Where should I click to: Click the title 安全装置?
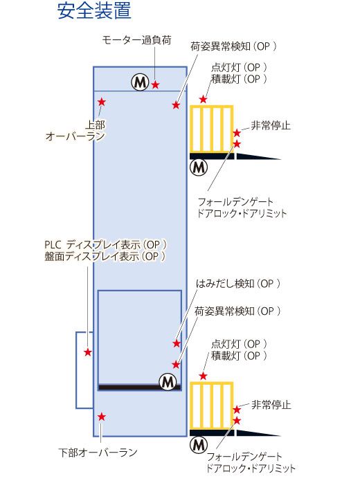click(x=94, y=10)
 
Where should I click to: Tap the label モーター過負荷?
click(x=136, y=40)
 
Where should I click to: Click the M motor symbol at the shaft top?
click(x=141, y=82)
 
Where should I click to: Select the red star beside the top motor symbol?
click(x=155, y=84)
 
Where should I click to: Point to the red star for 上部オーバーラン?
click(x=101, y=102)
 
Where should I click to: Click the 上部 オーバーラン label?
click(x=75, y=131)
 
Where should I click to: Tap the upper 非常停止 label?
click(x=271, y=125)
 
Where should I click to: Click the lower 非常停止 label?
click(x=271, y=404)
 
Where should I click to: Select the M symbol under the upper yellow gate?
click(x=199, y=167)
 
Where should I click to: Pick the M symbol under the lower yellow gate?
click(x=199, y=445)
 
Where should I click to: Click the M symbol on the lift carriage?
click(x=168, y=382)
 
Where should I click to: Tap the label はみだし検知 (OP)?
click(x=238, y=284)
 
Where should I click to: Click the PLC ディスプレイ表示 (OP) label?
click(x=105, y=245)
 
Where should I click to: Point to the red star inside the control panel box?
click(x=88, y=352)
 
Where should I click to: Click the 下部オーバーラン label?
click(x=98, y=452)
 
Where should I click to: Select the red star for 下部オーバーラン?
click(x=101, y=417)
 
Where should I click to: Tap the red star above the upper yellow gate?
click(x=203, y=99)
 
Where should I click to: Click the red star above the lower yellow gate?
click(x=203, y=376)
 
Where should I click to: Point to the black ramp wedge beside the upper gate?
click(x=258, y=156)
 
